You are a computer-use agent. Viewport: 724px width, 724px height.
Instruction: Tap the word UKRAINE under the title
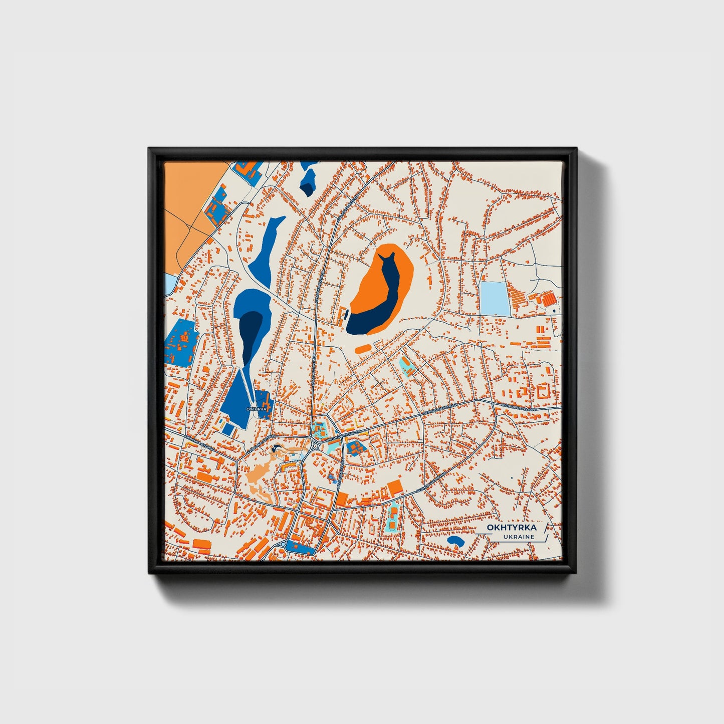(520, 537)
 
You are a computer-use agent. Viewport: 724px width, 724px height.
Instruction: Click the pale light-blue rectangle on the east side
(494, 298)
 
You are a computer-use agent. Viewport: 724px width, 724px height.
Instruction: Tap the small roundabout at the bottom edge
(283, 544)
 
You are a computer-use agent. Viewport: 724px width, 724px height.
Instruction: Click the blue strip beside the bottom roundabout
(299, 549)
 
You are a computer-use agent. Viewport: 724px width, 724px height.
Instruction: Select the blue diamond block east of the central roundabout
(355, 447)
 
